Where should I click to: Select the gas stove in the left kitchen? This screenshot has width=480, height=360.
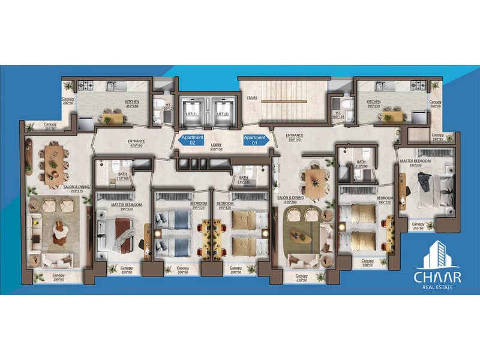(86, 86)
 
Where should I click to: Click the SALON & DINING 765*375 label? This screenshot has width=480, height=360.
(77, 188)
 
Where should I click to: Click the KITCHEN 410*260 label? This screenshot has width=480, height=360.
(132, 103)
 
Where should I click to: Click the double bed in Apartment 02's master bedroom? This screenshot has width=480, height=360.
(117, 232)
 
